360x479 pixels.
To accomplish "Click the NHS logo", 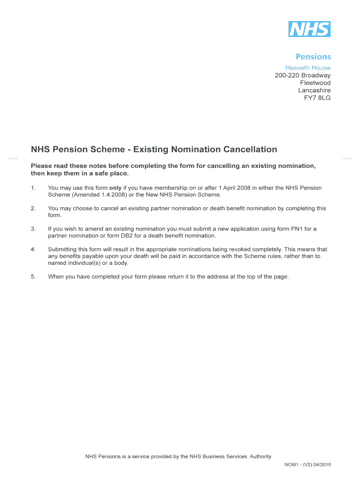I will click(309, 29).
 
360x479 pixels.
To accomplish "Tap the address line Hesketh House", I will click(308, 68).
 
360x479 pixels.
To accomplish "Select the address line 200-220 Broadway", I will click(302, 75).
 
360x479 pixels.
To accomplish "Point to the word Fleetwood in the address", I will click(315, 83).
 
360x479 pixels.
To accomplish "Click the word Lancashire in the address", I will click(314, 90).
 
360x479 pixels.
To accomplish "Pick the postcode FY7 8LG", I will click(317, 98).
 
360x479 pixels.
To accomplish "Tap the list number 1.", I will click(33, 188).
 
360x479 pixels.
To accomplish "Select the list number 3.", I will click(33, 229).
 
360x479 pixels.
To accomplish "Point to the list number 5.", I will click(33, 277).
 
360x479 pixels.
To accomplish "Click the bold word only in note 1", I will click(115, 188).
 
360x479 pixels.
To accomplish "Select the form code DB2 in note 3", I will click(121, 236).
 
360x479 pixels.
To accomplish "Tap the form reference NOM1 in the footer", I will click(292, 465).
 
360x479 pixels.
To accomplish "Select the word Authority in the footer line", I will click(260, 457).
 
